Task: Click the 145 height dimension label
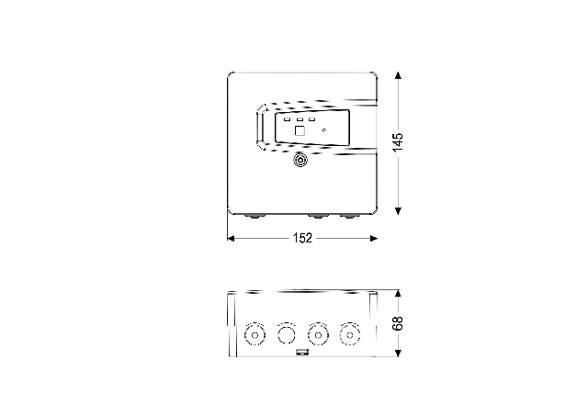398,142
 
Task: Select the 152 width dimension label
302,238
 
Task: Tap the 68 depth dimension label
398,323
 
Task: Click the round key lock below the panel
300,160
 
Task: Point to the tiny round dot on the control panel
324,130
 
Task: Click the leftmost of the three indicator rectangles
288,119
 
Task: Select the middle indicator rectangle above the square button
300,119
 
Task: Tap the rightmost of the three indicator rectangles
311,119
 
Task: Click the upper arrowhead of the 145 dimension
398,75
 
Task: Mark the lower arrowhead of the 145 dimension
398,211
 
